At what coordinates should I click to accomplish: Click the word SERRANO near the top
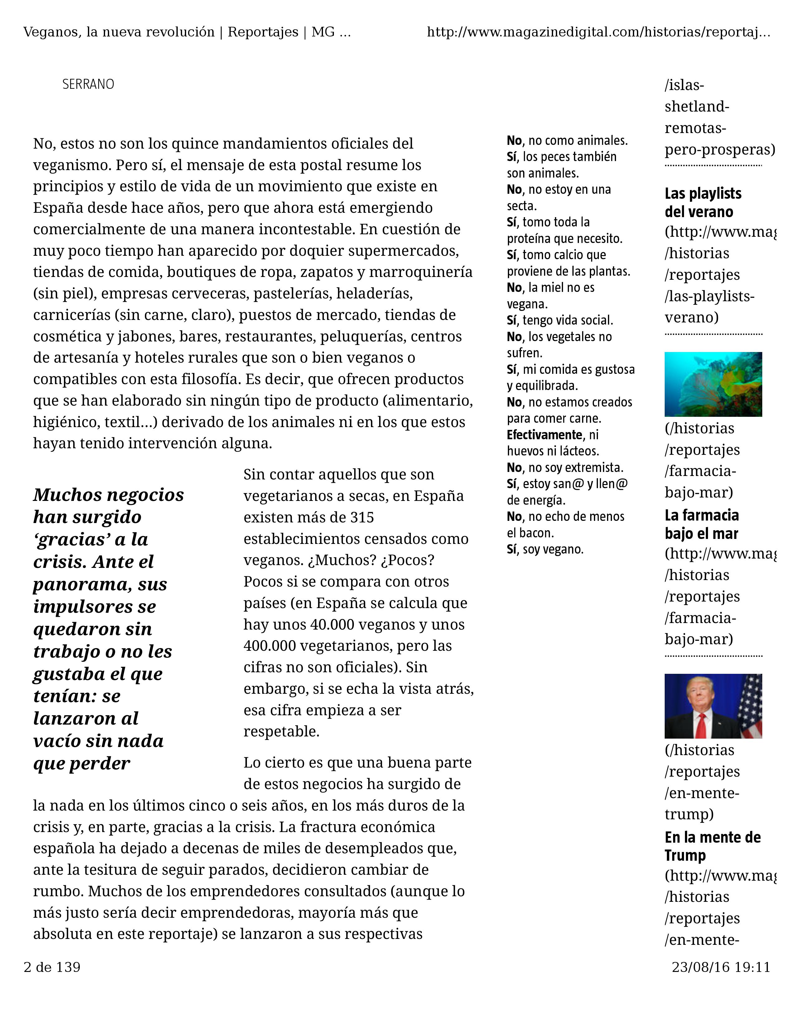tap(88, 84)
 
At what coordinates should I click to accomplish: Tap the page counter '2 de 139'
tap(52, 967)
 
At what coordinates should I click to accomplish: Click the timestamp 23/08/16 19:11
tap(720, 967)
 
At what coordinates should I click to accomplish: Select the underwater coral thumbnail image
tap(713, 384)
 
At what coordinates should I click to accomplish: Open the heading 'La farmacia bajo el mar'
tap(701, 524)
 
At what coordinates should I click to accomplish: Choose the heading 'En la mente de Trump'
tap(712, 846)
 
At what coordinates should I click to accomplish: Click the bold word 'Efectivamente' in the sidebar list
tap(544, 435)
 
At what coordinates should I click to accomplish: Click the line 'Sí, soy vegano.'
tap(545, 549)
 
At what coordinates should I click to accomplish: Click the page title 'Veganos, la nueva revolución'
tap(119, 32)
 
